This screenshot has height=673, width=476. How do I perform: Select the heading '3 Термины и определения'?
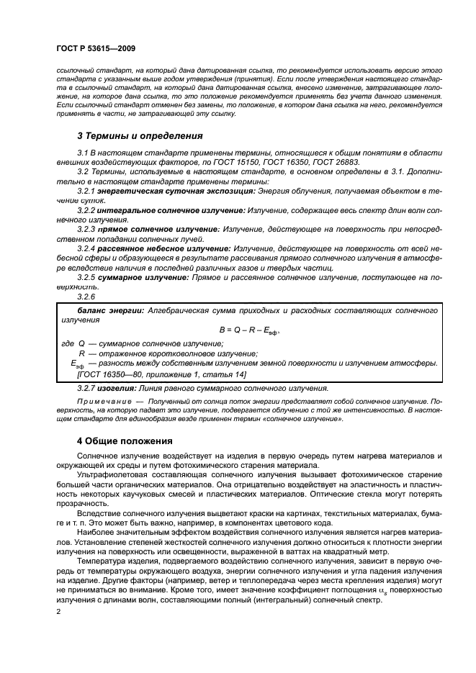click(x=140, y=135)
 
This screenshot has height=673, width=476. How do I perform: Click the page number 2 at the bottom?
click(x=58, y=611)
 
